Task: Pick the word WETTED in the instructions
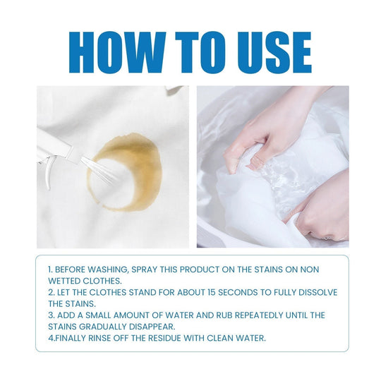pyautogui.click(x=66, y=281)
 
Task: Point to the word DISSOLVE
pyautogui.click(x=316, y=293)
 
